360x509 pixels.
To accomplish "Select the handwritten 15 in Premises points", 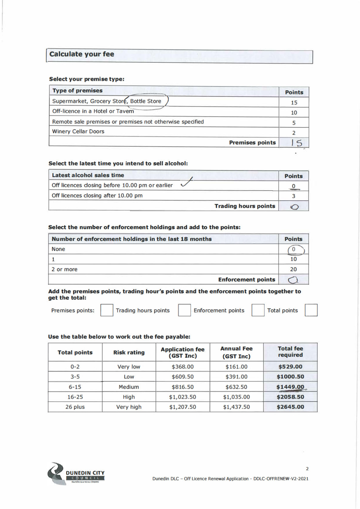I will coord(294,142).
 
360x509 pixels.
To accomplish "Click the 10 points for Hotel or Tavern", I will coord(294,113).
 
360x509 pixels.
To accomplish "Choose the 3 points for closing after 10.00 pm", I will coord(294,196).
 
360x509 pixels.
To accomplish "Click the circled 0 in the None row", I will coord(294,249).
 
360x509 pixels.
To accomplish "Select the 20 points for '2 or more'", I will coord(294,269).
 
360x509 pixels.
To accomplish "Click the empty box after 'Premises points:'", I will coord(106,311).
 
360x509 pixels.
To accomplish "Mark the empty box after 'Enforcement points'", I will coord(258,311).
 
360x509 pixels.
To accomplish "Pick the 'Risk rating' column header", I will coord(129,353).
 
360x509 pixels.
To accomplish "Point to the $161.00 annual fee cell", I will coord(236,367).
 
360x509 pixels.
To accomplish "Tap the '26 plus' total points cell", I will coord(75,406).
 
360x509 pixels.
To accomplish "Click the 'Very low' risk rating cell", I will coord(129,367).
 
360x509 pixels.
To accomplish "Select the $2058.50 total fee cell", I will coord(290,396).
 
